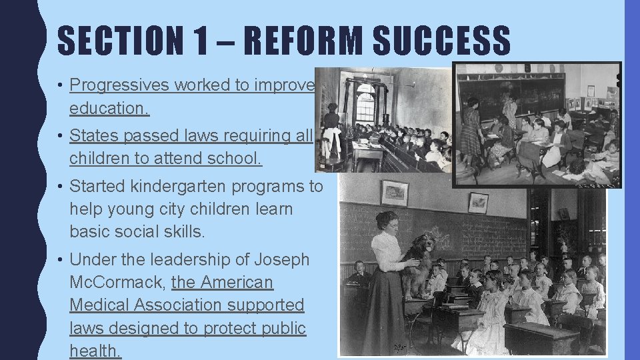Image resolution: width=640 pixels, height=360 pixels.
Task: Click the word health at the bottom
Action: coord(95,350)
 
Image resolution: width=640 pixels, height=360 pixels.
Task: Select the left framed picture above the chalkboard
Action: coord(394,193)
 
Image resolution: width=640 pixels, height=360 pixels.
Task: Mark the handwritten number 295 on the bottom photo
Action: coord(400,347)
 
